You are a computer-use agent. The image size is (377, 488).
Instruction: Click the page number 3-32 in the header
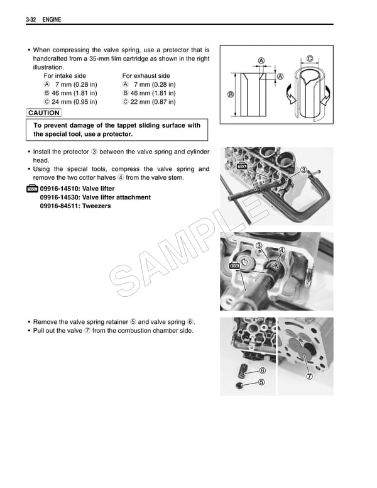[x=33, y=21]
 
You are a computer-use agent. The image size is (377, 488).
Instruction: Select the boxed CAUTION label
[x=44, y=113]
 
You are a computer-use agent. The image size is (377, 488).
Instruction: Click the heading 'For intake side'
[x=65, y=75]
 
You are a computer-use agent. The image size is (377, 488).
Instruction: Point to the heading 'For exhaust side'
[x=146, y=75]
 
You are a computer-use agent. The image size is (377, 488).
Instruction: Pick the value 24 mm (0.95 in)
[x=75, y=101]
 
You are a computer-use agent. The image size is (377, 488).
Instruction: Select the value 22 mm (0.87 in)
[x=153, y=101]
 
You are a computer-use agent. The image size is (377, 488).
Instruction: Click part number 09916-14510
[x=61, y=189]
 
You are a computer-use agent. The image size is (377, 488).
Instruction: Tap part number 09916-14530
[x=61, y=197]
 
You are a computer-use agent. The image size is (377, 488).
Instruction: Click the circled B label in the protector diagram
[x=231, y=96]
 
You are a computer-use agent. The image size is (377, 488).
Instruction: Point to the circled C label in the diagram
[x=310, y=60]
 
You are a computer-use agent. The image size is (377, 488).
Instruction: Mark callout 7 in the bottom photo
[x=309, y=377]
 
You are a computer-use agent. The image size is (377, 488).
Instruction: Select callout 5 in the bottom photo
[x=261, y=382]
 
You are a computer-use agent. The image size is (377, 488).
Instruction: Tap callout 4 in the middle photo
[x=282, y=250]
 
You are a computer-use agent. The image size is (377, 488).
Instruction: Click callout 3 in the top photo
[x=303, y=169]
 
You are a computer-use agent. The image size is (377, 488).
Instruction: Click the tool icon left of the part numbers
[x=33, y=189]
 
